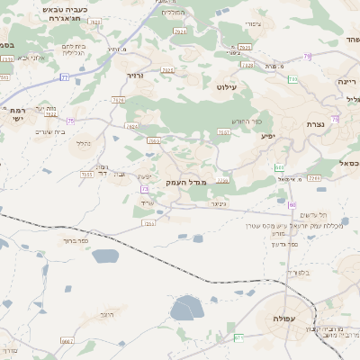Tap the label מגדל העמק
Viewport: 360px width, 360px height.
point(185,183)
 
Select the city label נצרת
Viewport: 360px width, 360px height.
point(315,124)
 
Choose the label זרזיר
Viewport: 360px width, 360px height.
point(136,76)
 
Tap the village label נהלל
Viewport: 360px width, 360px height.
point(83,143)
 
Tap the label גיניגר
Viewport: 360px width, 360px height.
point(217,203)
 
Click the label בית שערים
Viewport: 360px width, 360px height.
point(51,131)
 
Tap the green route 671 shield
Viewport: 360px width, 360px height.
point(238,337)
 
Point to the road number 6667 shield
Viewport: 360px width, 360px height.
point(66,342)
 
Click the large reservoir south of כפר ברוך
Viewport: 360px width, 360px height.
point(188,310)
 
